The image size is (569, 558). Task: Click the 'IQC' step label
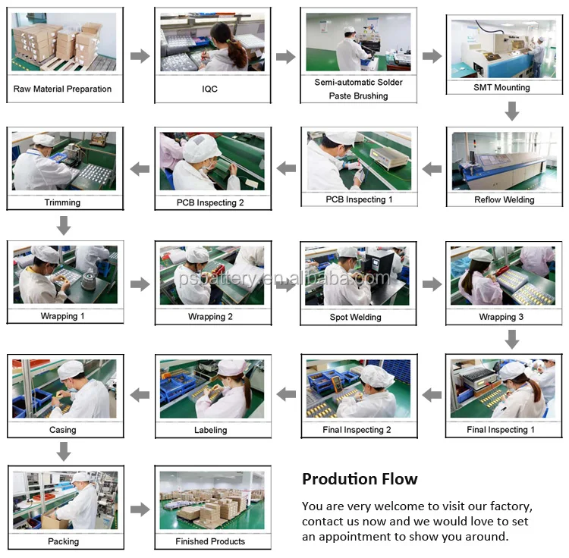pyautogui.click(x=209, y=89)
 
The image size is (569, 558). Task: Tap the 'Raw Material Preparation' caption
pyautogui.click(x=62, y=89)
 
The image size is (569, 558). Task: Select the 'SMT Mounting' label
pyautogui.click(x=501, y=87)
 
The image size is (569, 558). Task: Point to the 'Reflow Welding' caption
pyautogui.click(x=504, y=200)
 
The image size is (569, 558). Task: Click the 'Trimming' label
pyautogui.click(x=62, y=202)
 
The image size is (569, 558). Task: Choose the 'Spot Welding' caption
pyautogui.click(x=355, y=317)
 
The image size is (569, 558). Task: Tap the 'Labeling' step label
pyautogui.click(x=210, y=430)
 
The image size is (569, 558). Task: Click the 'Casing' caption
pyautogui.click(x=63, y=430)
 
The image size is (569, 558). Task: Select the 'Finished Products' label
pyautogui.click(x=210, y=541)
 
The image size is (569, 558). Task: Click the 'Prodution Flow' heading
pyautogui.click(x=360, y=479)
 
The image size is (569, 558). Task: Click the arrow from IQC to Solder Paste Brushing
pyautogui.click(x=285, y=57)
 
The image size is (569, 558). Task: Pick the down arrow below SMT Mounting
pyautogui.click(x=512, y=111)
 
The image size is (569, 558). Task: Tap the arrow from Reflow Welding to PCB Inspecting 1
pyautogui.click(x=432, y=169)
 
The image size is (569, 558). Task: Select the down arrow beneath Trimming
pyautogui.click(x=64, y=225)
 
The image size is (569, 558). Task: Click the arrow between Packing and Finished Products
pyautogui.click(x=140, y=509)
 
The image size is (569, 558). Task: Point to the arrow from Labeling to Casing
pyautogui.click(x=140, y=395)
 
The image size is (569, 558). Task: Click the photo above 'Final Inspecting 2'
pyautogui.click(x=359, y=389)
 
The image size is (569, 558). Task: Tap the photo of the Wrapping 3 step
pyautogui.click(x=502, y=275)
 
